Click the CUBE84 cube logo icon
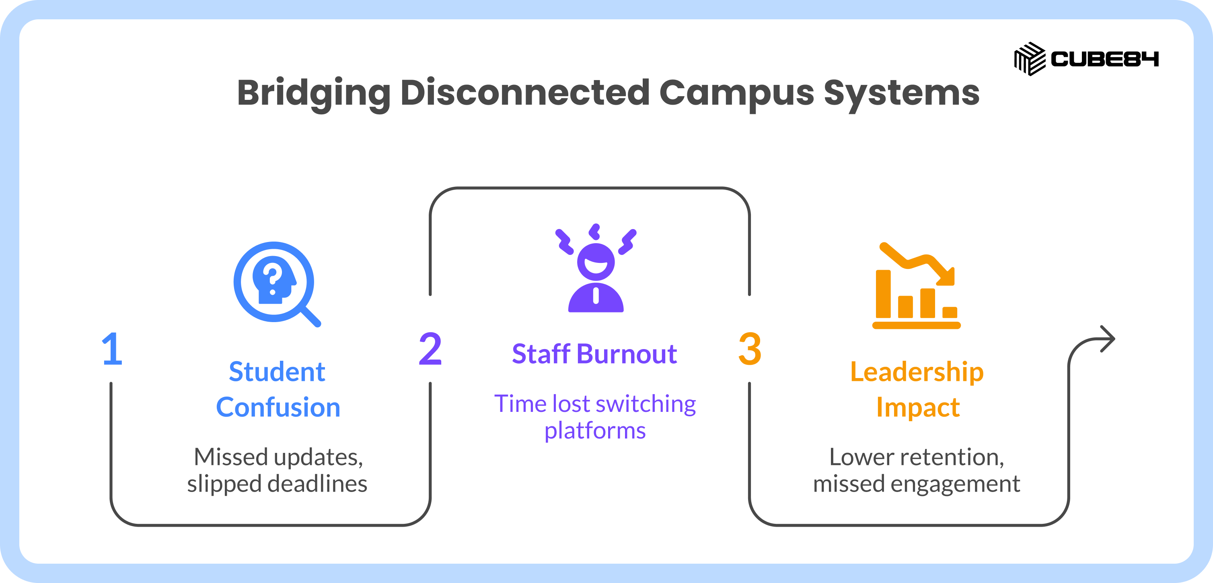1030,59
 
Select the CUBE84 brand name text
1105,59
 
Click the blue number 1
113,349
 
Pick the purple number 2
430,349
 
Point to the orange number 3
750,349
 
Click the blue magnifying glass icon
277,284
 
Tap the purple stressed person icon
596,268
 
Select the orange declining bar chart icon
916,285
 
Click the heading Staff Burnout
594,354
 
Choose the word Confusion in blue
278,407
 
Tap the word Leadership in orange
917,372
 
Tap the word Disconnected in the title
525,93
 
